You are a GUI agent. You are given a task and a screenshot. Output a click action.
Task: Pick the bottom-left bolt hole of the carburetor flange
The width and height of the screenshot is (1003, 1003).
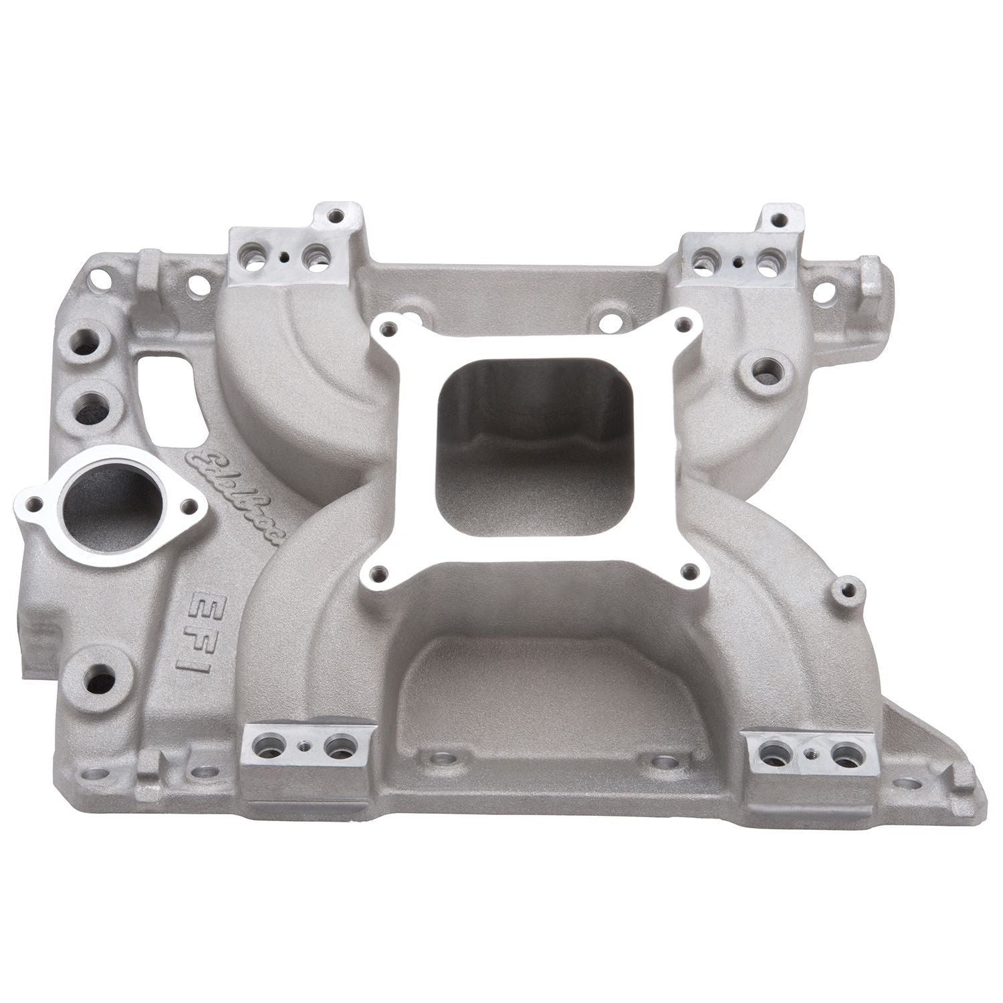[380, 572]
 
